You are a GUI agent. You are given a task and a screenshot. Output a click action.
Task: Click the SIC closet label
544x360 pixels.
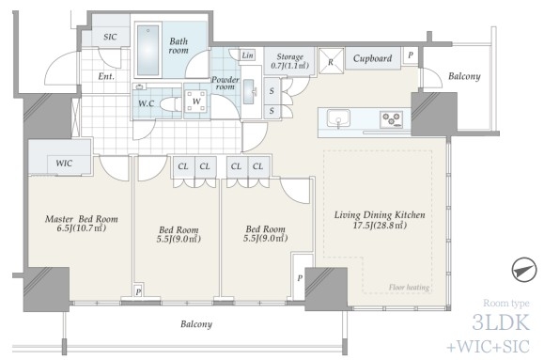click(x=110, y=37)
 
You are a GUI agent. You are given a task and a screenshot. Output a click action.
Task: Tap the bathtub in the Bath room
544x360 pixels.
click(x=148, y=51)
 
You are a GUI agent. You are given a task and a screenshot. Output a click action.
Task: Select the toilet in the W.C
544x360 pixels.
click(x=171, y=104)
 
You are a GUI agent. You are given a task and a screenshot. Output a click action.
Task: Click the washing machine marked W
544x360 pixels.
click(x=196, y=102)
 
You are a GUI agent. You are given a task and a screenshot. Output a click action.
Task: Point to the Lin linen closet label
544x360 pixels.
click(x=247, y=55)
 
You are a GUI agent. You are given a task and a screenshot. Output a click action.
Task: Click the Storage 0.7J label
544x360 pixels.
click(x=289, y=61)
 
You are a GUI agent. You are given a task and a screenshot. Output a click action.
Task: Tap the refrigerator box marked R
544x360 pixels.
click(x=331, y=61)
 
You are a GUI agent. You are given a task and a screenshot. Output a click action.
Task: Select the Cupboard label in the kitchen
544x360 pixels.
click(x=372, y=58)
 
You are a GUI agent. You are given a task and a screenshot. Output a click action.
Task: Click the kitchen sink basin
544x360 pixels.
click(x=338, y=118)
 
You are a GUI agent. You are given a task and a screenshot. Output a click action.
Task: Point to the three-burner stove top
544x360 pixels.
click(x=392, y=119)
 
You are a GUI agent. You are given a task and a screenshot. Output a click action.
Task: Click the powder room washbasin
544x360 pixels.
click(x=248, y=92)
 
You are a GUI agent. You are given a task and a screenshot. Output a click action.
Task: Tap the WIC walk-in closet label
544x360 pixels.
click(x=64, y=163)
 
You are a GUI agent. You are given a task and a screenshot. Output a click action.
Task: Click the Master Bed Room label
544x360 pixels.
click(x=82, y=219)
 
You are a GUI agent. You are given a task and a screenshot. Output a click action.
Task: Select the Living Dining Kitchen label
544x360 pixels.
click(x=380, y=215)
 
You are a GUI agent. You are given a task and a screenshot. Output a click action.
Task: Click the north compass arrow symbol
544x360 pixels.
click(x=524, y=270)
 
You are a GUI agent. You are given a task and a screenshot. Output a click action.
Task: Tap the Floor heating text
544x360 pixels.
click(x=409, y=287)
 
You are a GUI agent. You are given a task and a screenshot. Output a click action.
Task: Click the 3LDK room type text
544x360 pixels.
click(x=501, y=322)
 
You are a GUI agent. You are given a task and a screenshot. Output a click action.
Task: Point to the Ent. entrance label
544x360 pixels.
click(x=106, y=76)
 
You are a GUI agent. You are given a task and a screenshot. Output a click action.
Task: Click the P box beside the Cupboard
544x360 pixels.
click(x=411, y=55)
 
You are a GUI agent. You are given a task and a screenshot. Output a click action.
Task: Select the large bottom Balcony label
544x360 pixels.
click(x=196, y=324)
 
